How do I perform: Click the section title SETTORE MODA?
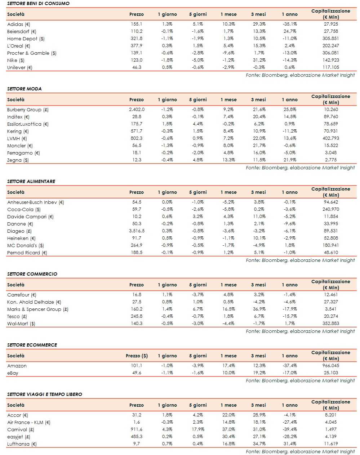pyautogui.click(x=24, y=89)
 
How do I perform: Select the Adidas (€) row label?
pyautogui.click(x=19, y=24)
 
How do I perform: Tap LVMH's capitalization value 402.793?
pyautogui.click(x=331, y=138)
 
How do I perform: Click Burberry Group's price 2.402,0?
pyautogui.click(x=137, y=110)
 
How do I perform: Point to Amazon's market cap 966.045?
pyautogui.click(x=331, y=366)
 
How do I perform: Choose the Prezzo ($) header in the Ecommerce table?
pyautogui.click(x=137, y=356)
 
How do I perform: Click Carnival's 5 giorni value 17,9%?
pyautogui.click(x=198, y=429)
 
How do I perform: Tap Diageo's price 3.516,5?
pyautogui.click(x=137, y=231)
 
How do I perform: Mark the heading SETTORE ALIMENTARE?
pyautogui.click(x=31, y=181)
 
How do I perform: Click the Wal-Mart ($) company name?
pyautogui.click(x=21, y=324)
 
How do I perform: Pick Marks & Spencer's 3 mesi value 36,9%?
pyautogui.click(x=259, y=309)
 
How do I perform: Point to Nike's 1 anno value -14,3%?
pyautogui.click(x=289, y=60)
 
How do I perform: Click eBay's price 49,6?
pyautogui.click(x=137, y=373)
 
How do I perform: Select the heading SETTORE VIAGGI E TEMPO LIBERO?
pyautogui.click(x=44, y=394)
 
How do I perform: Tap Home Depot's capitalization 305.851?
pyautogui.click(x=331, y=39)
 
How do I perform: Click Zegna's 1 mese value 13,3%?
pyautogui.click(x=229, y=160)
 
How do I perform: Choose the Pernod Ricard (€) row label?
pyautogui.click(x=27, y=253)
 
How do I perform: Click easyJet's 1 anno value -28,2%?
pyautogui.click(x=289, y=437)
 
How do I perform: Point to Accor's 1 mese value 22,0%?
pyautogui.click(x=229, y=415)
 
